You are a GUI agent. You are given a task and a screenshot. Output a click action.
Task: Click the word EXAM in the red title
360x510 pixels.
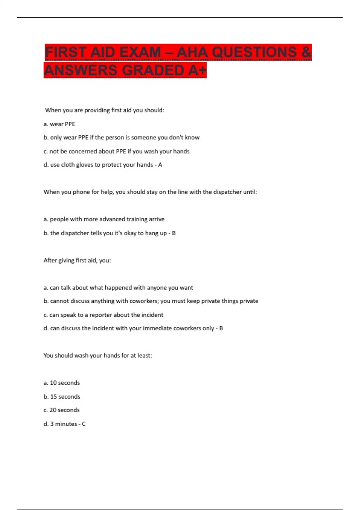coord(140,52)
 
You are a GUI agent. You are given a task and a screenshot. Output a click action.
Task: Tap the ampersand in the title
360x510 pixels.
coord(305,52)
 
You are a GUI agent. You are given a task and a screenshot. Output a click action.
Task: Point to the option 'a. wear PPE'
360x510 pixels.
coord(59,124)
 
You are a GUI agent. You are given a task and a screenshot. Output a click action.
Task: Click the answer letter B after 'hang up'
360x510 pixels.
coord(174,233)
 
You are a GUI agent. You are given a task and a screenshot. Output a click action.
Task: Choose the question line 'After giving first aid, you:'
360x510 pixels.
coord(77,260)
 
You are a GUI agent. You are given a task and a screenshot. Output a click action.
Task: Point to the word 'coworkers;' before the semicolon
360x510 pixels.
coord(144,301)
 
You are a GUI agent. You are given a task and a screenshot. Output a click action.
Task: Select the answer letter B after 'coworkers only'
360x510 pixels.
coord(221,328)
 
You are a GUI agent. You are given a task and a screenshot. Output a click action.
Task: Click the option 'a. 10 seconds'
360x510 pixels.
coord(62,383)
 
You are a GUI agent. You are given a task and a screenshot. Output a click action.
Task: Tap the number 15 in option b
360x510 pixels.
coord(53,397)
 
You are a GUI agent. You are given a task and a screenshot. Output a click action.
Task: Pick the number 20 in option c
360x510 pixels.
coord(53,410)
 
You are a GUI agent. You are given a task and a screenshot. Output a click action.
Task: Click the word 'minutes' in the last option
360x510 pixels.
coord(66,424)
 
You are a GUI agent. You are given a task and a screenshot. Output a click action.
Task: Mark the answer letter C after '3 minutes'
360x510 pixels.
coord(84,424)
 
